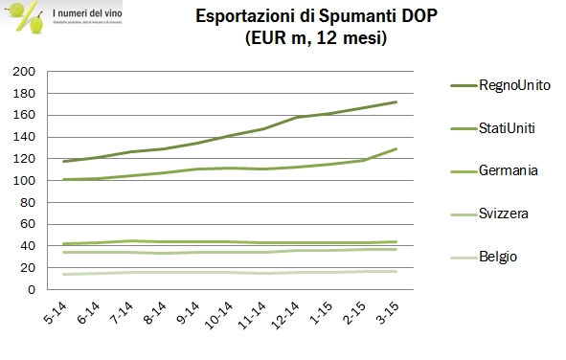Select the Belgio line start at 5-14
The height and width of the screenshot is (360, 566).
click(x=63, y=275)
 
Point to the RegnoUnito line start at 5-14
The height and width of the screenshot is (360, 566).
click(x=63, y=162)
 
